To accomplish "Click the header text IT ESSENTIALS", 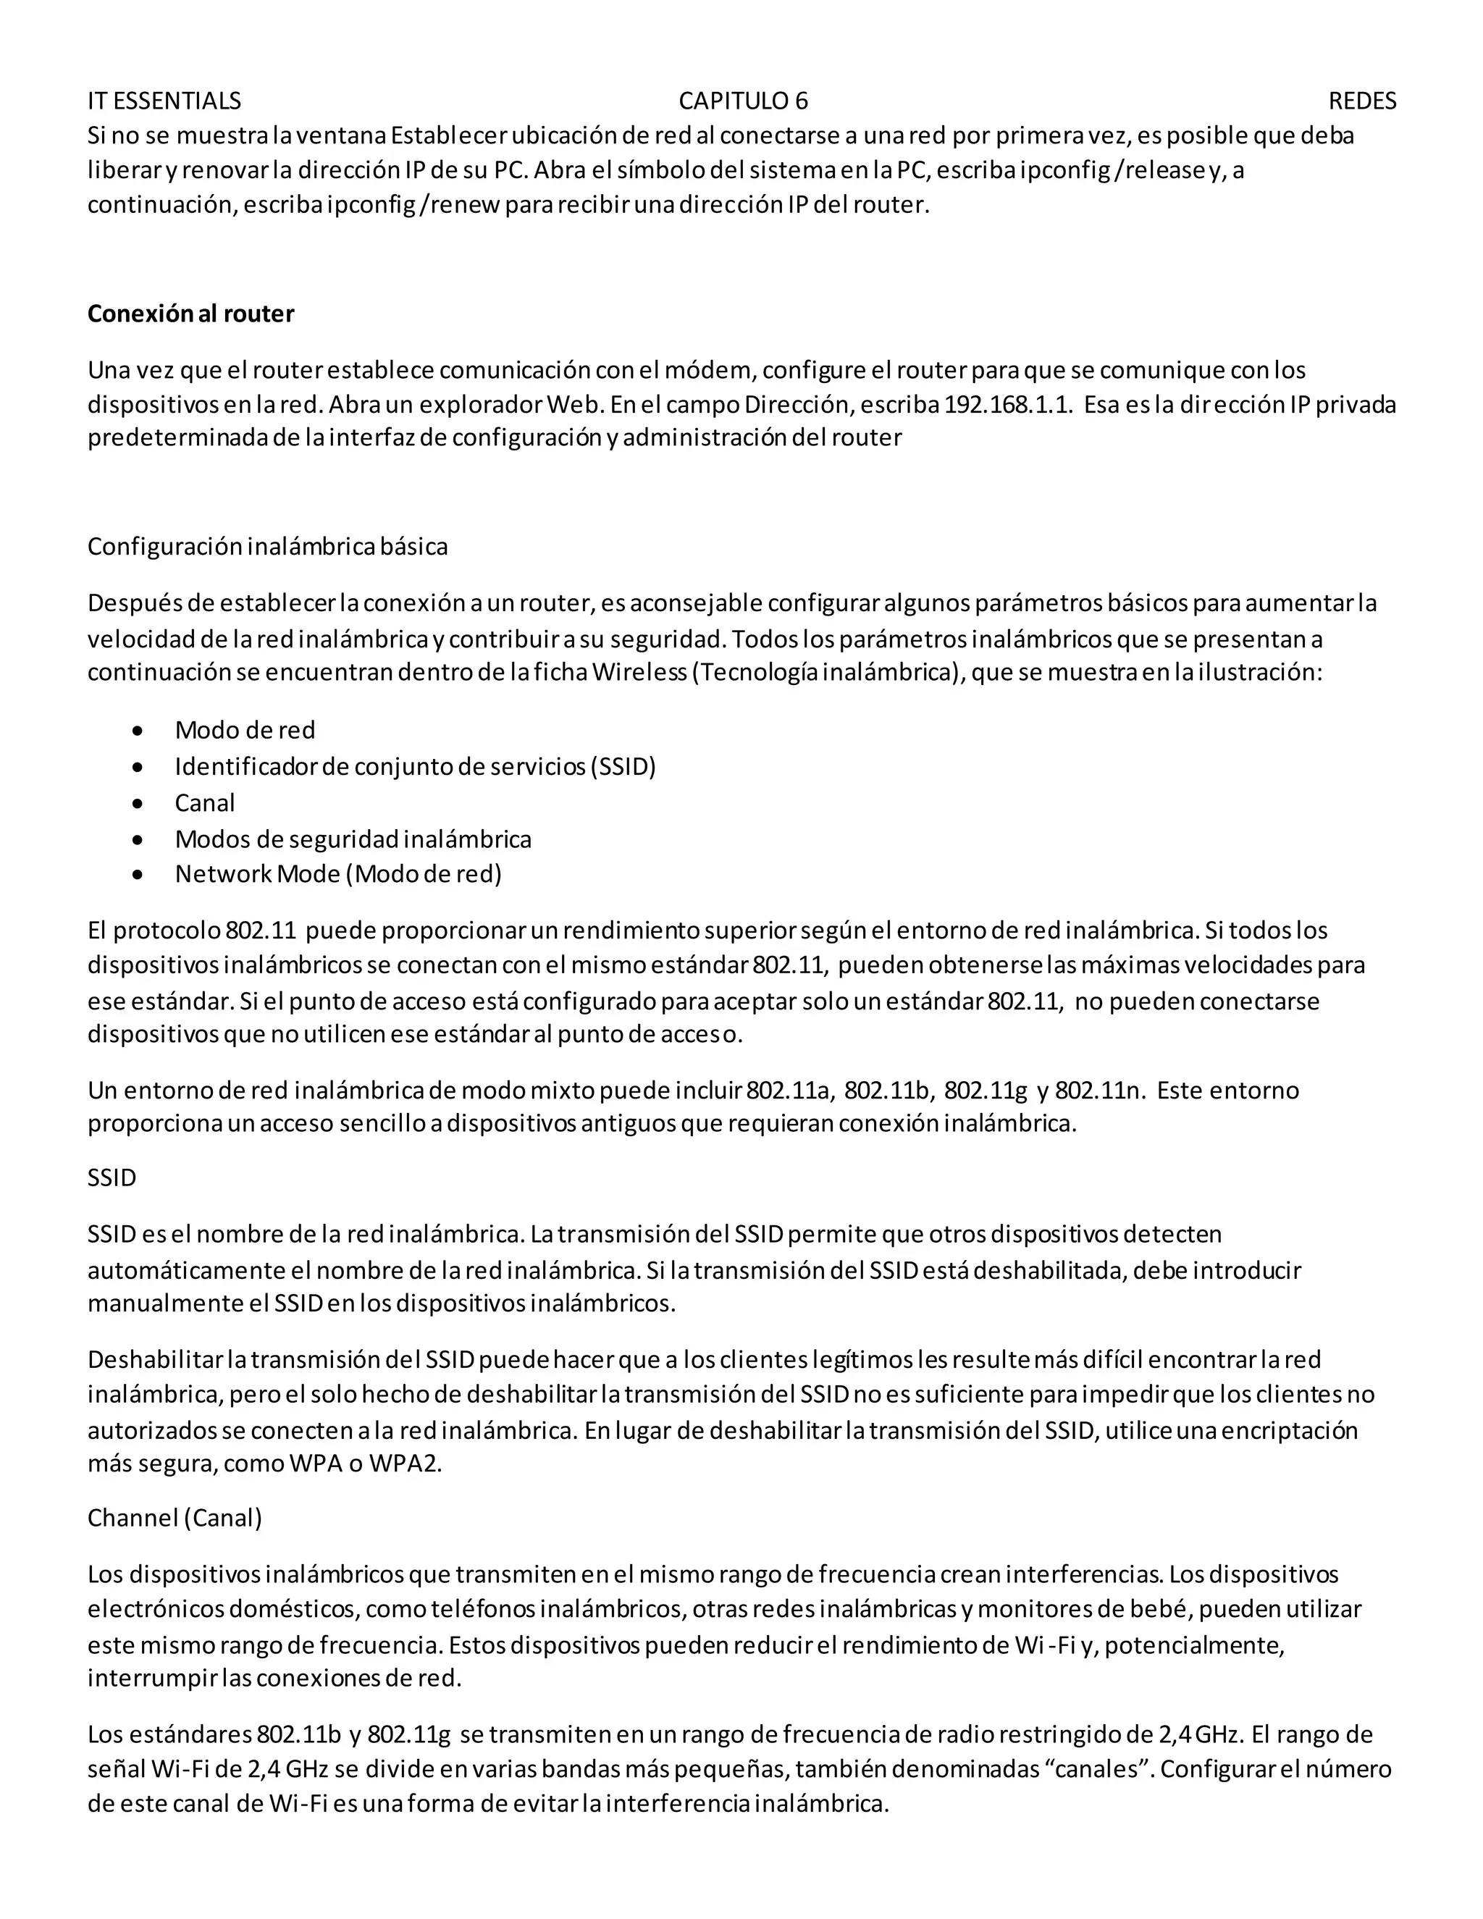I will point(164,101).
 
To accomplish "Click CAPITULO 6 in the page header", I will point(742,101).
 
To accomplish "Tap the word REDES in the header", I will point(1362,101).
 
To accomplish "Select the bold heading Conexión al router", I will point(190,314).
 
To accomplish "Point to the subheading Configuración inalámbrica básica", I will point(267,547).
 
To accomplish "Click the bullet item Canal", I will point(205,802).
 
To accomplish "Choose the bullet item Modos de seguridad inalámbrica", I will point(353,839).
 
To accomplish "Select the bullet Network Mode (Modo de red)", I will point(338,874).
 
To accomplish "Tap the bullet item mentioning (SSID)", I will point(415,766).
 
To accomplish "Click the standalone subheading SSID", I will point(112,1177).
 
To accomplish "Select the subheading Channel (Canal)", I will point(175,1519).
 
